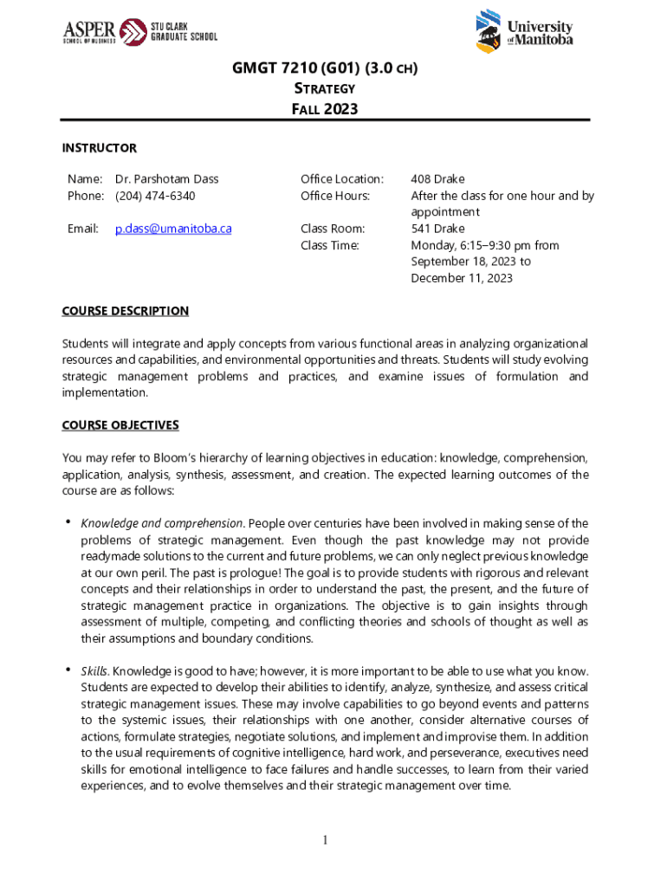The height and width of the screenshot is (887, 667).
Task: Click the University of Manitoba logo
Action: [x=523, y=32]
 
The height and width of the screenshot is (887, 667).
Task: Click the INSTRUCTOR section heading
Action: [x=100, y=148]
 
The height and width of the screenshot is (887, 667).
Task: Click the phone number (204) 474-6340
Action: [x=155, y=196]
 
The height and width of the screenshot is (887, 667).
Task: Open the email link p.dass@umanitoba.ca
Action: [x=173, y=229]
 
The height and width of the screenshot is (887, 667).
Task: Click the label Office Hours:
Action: [x=334, y=196]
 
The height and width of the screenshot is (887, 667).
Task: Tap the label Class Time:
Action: [x=331, y=245]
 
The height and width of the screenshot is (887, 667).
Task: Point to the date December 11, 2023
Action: [x=462, y=278]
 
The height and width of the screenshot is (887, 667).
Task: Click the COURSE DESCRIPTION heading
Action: [x=126, y=311]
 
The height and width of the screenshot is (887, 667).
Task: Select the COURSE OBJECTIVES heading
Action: [x=120, y=425]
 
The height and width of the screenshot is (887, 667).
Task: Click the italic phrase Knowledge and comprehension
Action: [x=161, y=523]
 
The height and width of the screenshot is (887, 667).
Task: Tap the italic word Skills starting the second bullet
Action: [x=94, y=671]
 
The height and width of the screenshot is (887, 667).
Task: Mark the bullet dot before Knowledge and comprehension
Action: [x=68, y=522]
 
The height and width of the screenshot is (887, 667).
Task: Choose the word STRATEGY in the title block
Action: [x=322, y=88]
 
